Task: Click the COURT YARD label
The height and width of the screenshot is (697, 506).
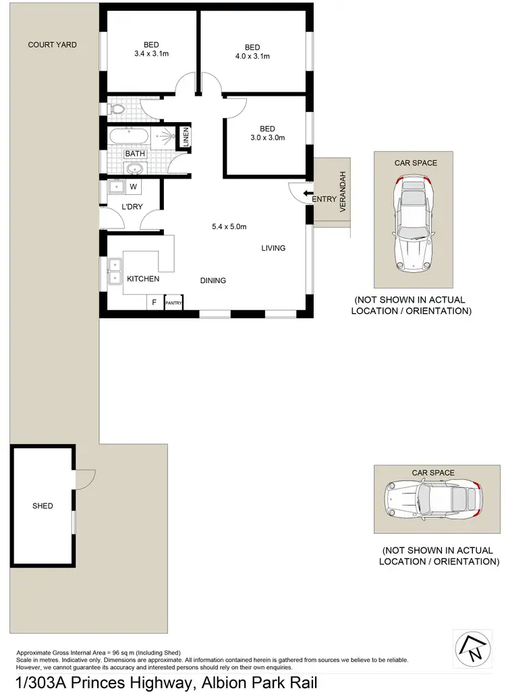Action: click(x=52, y=45)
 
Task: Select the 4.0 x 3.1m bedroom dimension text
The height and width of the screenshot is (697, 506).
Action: click(x=252, y=57)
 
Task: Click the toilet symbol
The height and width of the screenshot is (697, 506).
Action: click(x=116, y=108)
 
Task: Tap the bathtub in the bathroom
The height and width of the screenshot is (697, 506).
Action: click(x=129, y=136)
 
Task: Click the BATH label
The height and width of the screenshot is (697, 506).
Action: click(x=134, y=154)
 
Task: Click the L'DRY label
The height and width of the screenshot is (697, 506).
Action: click(x=132, y=207)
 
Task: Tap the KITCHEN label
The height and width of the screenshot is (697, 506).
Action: click(x=143, y=279)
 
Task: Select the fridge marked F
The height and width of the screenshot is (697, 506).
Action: click(x=154, y=303)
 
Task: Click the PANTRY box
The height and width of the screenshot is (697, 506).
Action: click(x=173, y=303)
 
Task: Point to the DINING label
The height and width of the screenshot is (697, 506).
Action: click(x=213, y=280)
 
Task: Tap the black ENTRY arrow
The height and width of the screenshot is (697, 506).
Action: click(x=308, y=193)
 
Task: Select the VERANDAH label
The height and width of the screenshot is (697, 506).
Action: click(x=342, y=192)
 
